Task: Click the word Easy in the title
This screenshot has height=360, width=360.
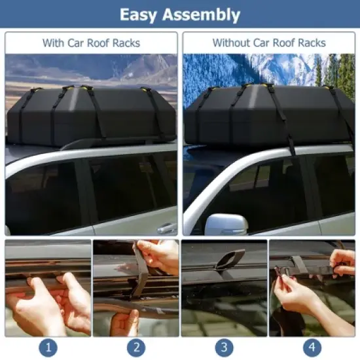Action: [141, 14]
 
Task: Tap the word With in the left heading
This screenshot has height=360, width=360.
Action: [54, 43]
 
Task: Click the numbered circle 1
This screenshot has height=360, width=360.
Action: [48, 348]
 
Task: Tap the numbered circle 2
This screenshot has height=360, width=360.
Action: [135, 348]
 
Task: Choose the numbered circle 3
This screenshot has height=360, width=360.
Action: [224, 348]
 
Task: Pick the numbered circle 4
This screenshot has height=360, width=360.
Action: [312, 348]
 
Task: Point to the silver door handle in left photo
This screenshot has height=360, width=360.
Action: [167, 227]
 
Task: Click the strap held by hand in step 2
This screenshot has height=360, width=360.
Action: [140, 275]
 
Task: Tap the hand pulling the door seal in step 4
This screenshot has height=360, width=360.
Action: [301, 298]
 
